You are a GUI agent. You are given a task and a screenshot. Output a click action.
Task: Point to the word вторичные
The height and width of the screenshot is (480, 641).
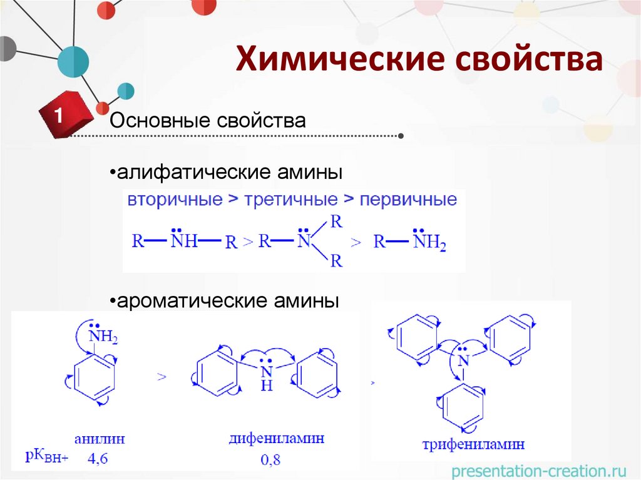[175, 201]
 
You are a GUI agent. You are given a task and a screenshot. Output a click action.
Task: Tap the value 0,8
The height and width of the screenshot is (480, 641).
[270, 460]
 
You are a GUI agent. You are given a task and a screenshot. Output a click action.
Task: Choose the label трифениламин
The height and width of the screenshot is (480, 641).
[473, 445]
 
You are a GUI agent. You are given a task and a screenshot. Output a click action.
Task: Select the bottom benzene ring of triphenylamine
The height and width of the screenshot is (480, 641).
[463, 408]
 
